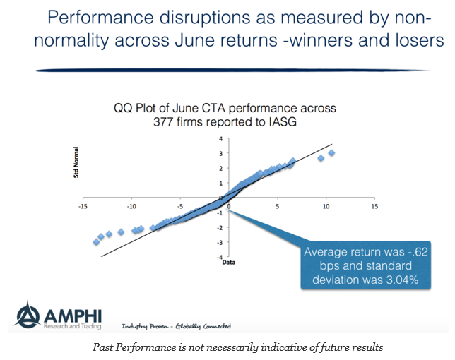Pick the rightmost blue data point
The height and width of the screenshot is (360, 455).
click(331, 153)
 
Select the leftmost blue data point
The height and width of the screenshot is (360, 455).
click(96, 242)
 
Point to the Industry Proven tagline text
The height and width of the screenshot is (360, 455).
click(146, 325)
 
